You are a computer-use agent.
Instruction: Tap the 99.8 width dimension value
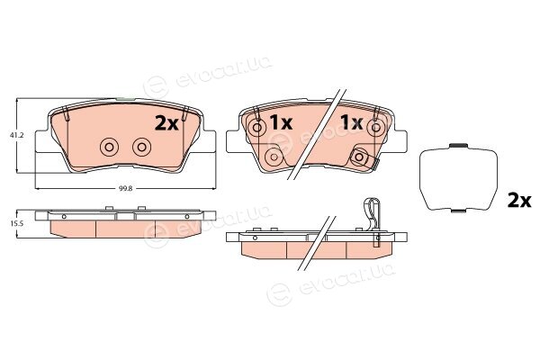click(126, 188)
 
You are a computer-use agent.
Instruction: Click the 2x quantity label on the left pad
click(166, 123)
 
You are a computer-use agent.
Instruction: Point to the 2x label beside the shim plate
click(519, 201)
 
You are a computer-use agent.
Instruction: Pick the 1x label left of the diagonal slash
click(282, 122)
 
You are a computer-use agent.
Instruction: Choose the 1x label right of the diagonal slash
click(351, 122)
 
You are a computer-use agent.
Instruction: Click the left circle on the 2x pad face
click(109, 148)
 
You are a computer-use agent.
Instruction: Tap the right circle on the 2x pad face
click(142, 148)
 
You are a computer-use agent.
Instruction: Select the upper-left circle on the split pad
click(257, 128)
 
